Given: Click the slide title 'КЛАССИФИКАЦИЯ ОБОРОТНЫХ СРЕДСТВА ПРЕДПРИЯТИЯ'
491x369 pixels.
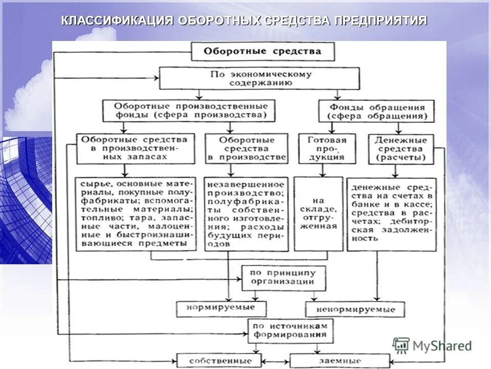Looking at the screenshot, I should (x=244, y=20).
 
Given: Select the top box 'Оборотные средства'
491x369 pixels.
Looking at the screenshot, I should (x=263, y=51).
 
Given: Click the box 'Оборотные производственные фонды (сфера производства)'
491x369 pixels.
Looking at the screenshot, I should (x=189, y=111).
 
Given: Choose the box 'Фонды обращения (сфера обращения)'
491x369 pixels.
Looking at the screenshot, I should (x=377, y=111).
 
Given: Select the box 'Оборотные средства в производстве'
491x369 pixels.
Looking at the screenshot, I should (x=247, y=149).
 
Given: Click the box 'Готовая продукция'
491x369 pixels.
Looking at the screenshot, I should (x=327, y=149).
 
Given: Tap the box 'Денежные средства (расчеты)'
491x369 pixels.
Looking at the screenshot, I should (x=401, y=149).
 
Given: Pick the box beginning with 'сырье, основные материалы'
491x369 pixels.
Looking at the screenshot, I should (x=136, y=213).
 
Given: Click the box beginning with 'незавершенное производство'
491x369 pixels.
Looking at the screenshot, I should (x=247, y=213).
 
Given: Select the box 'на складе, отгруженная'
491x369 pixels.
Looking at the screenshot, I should (x=318, y=213).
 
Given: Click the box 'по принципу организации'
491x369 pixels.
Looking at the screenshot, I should (x=283, y=277).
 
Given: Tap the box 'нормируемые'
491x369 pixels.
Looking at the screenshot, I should (x=222, y=309).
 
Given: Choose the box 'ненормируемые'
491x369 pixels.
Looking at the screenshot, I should (x=355, y=309).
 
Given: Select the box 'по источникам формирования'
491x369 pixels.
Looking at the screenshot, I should (x=291, y=331).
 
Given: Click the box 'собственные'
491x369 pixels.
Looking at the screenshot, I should (x=219, y=360).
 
